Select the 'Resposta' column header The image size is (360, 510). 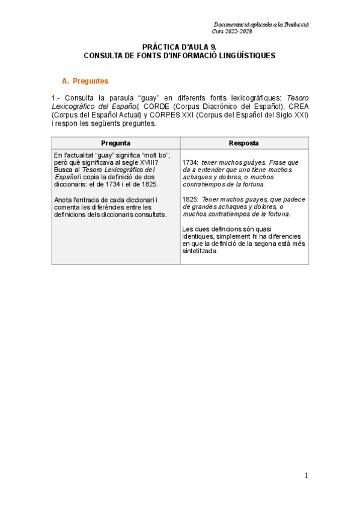click(244, 143)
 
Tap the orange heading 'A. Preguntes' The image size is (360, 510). click(86, 81)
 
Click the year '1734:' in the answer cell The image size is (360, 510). click(191, 162)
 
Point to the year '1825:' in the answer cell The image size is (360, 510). click(191, 200)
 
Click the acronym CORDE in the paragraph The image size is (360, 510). click(156, 106)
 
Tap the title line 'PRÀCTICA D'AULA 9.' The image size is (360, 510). click(180, 46)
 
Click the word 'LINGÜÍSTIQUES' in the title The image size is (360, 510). click(246, 55)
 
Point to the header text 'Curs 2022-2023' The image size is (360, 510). click(233, 29)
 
